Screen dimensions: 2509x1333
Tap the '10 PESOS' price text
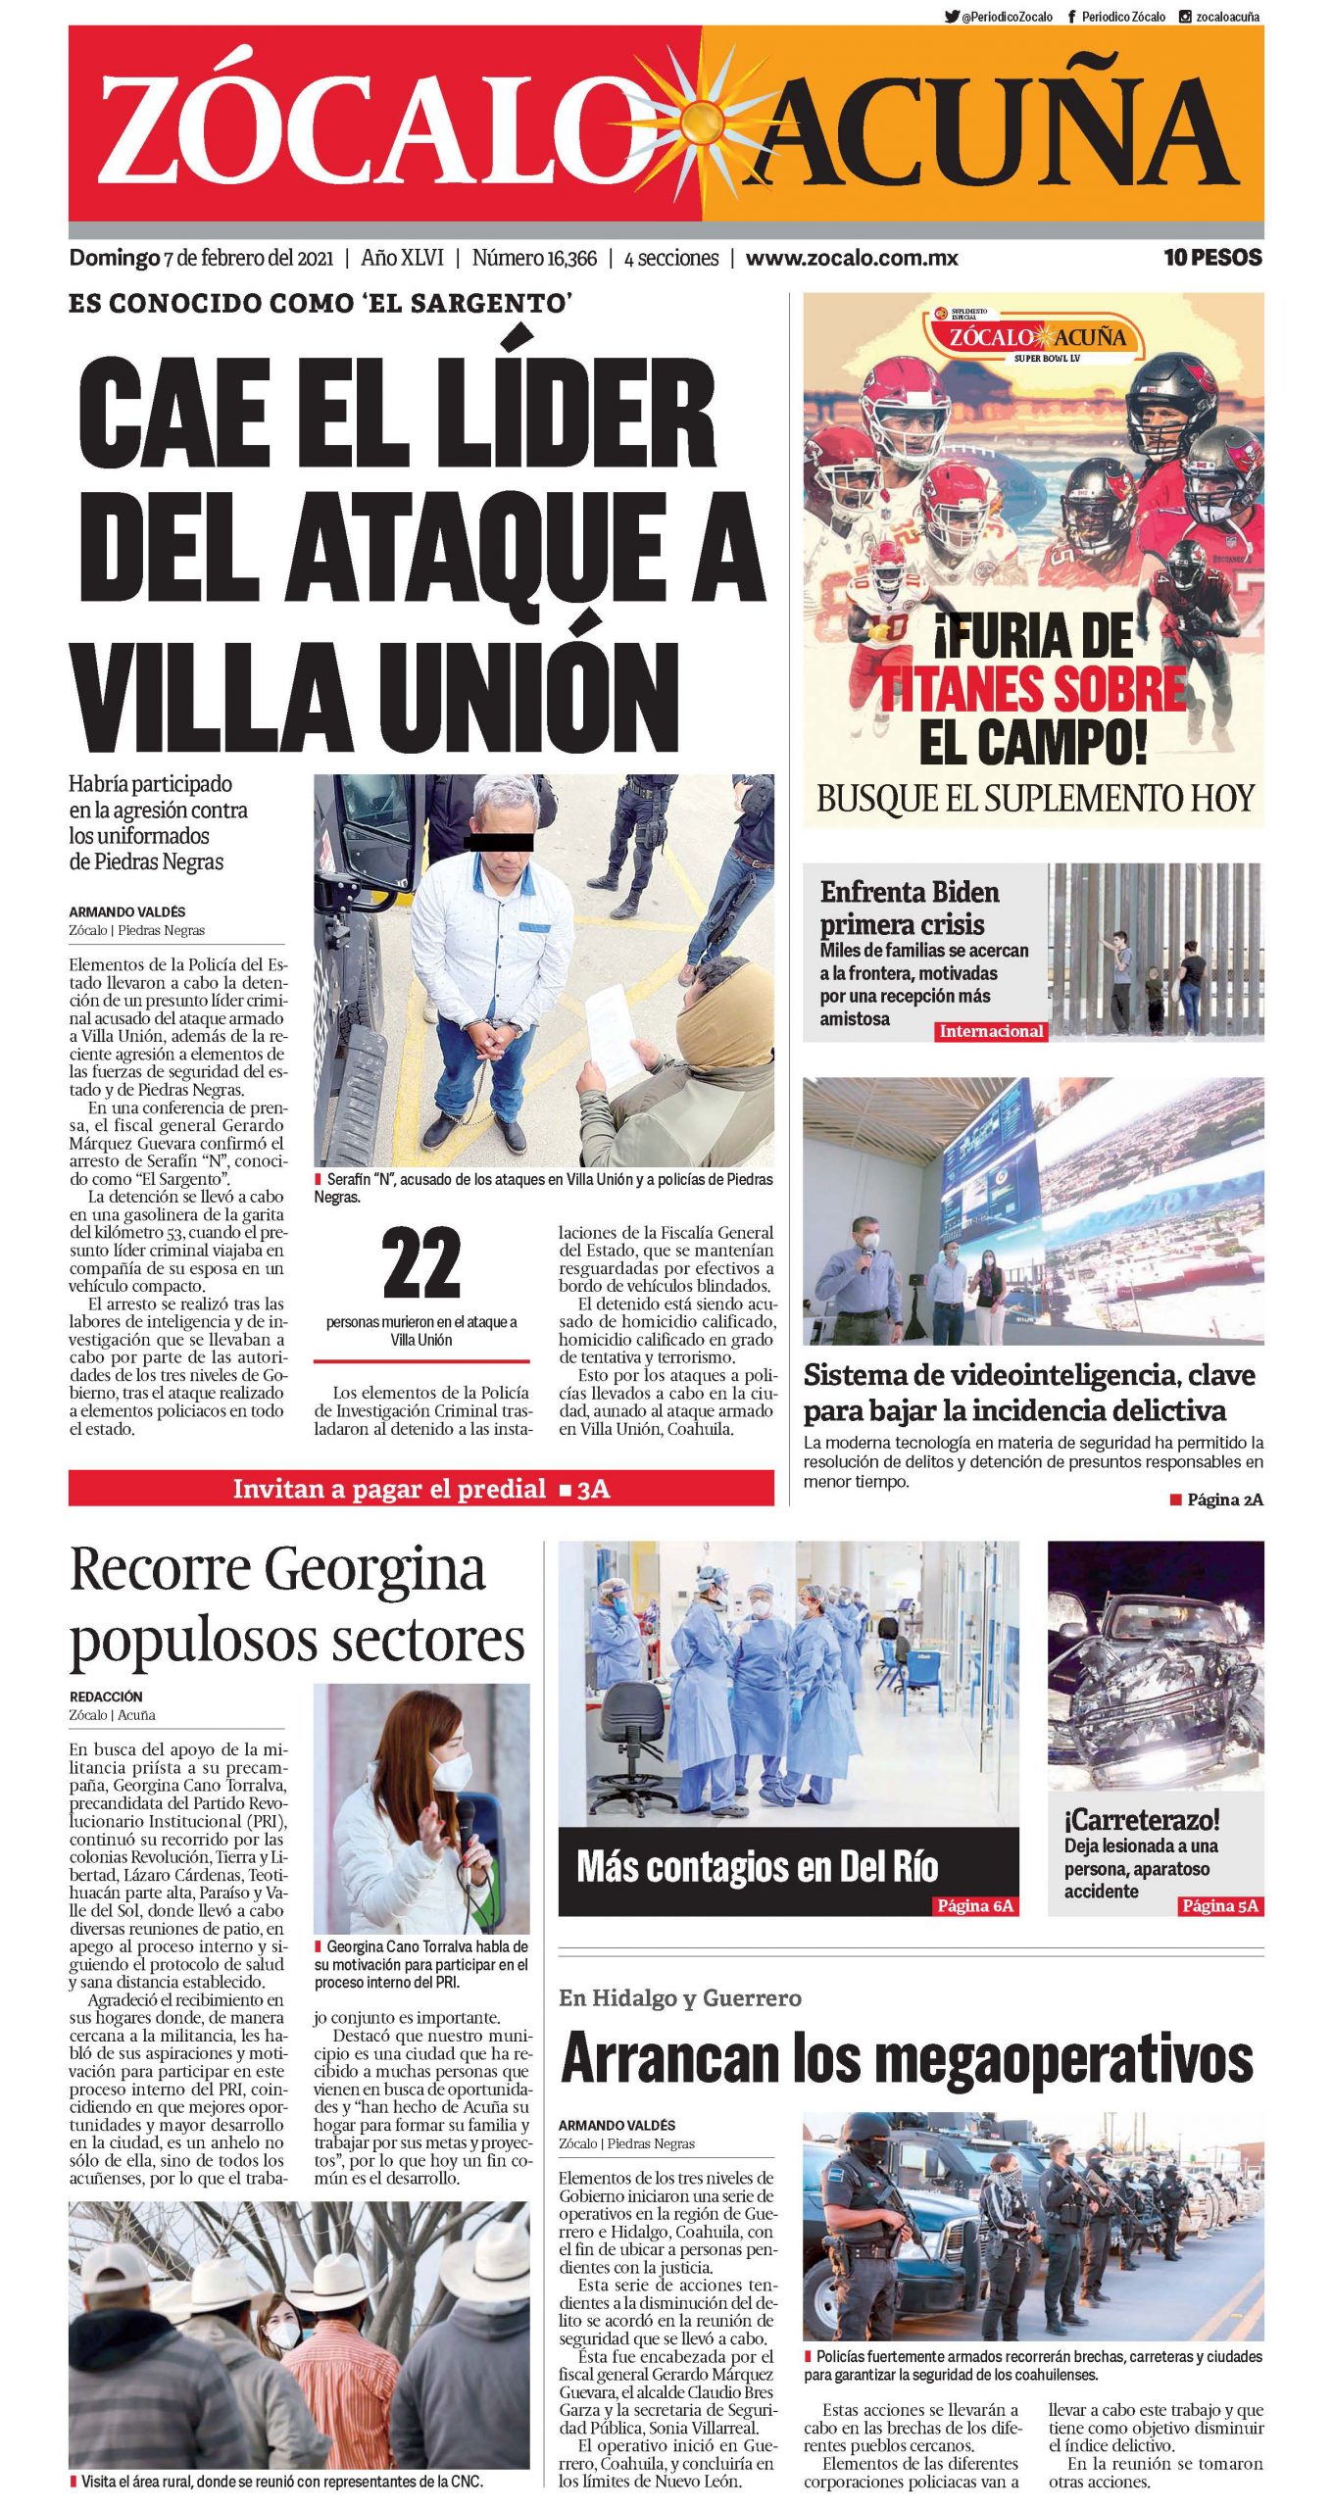[1212, 258]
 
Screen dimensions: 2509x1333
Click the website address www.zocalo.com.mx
[851, 259]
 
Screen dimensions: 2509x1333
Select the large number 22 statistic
[420, 1263]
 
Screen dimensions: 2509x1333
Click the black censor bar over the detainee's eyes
[499, 840]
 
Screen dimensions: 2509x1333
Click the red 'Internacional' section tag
[991, 1031]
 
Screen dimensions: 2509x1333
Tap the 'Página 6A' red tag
[974, 1905]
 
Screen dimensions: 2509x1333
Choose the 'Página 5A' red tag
[1219, 1905]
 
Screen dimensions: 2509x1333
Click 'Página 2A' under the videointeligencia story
[1224, 1500]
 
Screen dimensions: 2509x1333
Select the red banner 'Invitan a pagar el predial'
[420, 1489]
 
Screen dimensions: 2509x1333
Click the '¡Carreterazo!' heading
[1142, 1820]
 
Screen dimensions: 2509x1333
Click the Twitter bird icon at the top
[951, 17]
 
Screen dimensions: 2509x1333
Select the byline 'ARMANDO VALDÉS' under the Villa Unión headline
[126, 911]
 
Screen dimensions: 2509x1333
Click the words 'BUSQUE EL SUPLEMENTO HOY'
[1034, 798]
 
